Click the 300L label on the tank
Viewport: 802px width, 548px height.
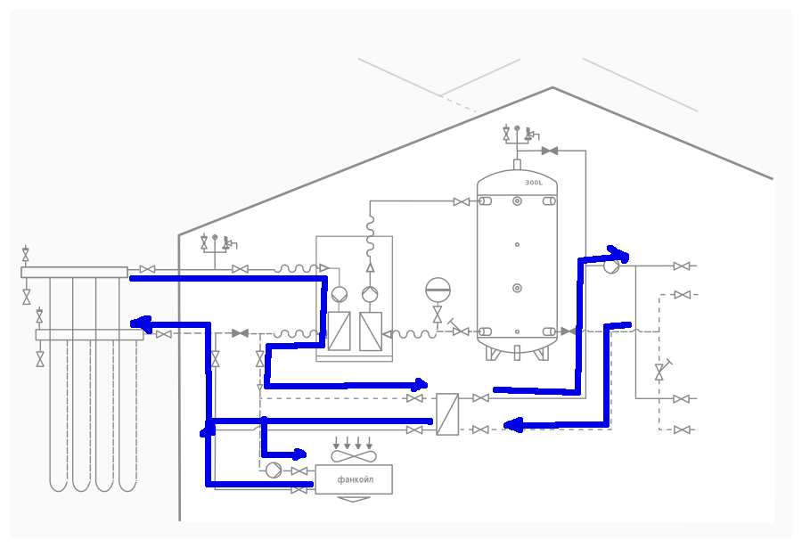(534, 183)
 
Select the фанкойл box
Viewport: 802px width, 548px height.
(354, 479)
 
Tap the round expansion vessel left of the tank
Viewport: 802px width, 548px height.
(438, 290)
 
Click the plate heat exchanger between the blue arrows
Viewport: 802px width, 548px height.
(447, 414)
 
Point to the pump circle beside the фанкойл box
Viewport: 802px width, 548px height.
(274, 470)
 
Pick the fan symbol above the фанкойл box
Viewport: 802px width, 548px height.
(354, 456)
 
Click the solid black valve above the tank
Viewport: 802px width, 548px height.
(550, 151)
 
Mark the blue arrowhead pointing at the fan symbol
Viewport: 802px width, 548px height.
(299, 454)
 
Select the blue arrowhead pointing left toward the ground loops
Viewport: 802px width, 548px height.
(141, 323)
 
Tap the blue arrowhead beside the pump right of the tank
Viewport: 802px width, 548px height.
(618, 254)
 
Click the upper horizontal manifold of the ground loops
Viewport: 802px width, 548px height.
(74, 272)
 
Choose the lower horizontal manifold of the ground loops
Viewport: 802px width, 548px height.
(89, 335)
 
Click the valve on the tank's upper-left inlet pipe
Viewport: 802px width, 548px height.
(462, 202)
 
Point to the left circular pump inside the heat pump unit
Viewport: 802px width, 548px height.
(340, 295)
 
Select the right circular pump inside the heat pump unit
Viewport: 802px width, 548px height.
(370, 295)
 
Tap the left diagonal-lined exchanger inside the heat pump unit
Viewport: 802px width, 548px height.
(340, 331)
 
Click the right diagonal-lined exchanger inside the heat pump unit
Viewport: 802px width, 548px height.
(371, 331)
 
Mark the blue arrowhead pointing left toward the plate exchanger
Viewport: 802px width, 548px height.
(512, 425)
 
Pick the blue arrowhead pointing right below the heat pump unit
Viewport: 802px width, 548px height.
(421, 384)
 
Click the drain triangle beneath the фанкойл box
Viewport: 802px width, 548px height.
(354, 499)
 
